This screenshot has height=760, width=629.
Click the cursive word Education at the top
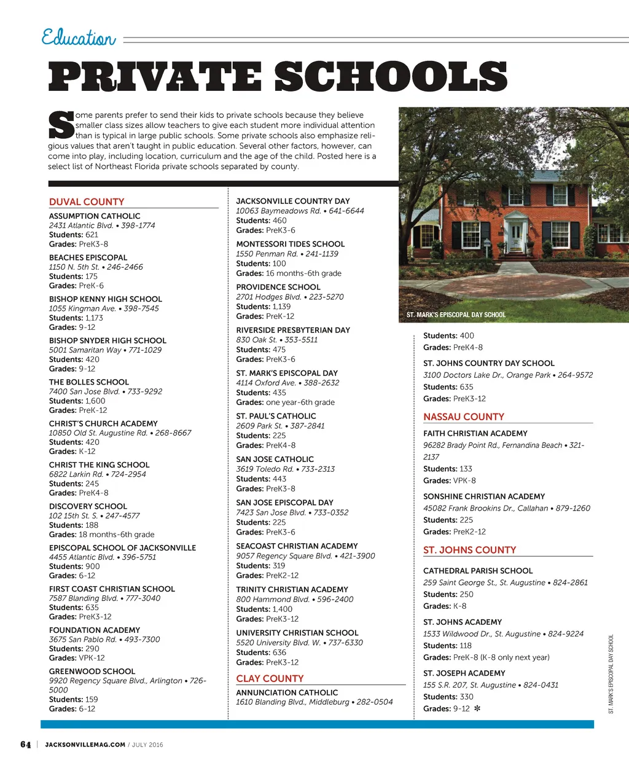click(78, 37)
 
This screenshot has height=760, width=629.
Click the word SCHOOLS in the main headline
click(391, 77)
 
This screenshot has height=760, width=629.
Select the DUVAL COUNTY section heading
click(87, 202)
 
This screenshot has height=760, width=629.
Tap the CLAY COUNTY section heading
click(270, 678)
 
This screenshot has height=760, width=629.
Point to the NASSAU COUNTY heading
click(463, 417)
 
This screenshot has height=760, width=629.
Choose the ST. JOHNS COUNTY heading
click(469, 550)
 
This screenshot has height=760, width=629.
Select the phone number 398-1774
click(138, 225)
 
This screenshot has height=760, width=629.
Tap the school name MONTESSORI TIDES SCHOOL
click(291, 244)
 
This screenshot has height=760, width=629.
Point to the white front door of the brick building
click(516, 235)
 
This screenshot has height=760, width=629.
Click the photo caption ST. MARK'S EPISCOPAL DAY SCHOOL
click(456, 315)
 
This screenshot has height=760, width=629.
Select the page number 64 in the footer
click(25, 745)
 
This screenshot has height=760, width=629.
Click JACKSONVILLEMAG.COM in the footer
click(85, 745)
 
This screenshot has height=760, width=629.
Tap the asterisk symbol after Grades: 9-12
click(477, 708)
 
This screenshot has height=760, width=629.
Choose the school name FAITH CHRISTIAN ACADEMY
click(475, 433)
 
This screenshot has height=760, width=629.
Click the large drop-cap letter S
click(61, 124)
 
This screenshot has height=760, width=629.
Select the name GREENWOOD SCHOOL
click(92, 672)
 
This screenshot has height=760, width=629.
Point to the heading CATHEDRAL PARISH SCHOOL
click(478, 571)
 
